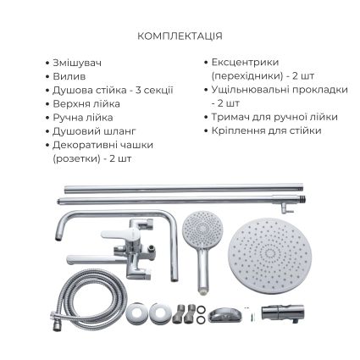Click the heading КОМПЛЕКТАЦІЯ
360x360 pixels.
pyautogui.click(x=180, y=37)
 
